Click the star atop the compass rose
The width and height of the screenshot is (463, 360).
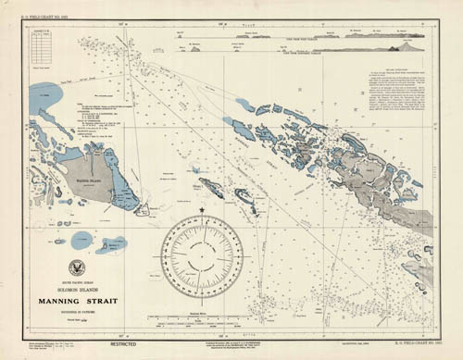201,213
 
